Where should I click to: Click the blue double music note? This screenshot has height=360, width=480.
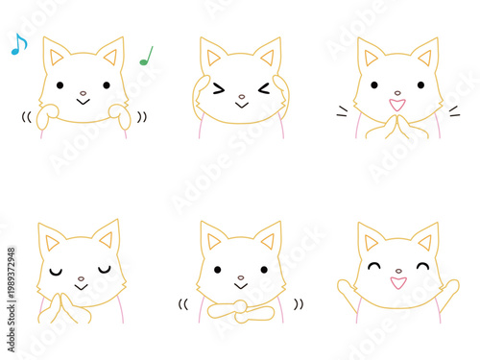coord(18,43)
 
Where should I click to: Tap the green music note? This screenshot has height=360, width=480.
coord(146,56)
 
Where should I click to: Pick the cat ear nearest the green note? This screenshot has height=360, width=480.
coord(112,53)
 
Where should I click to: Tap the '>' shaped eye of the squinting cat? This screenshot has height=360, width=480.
coord(218,89)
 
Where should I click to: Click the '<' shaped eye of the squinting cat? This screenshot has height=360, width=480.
coord(263,89)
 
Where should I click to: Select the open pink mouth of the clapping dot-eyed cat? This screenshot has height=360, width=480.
coord(396,103)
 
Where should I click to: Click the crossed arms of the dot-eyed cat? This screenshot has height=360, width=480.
coord(240,309)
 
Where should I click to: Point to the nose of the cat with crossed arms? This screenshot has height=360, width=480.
coord(241,278)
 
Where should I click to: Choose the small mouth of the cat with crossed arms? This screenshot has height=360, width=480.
coord(241,286)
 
